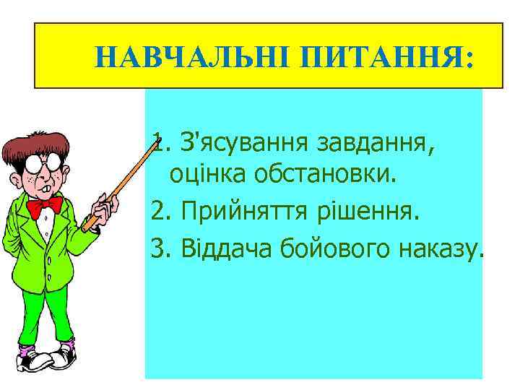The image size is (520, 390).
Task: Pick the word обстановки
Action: (324, 174)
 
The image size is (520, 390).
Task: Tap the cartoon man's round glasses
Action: (40, 163)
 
